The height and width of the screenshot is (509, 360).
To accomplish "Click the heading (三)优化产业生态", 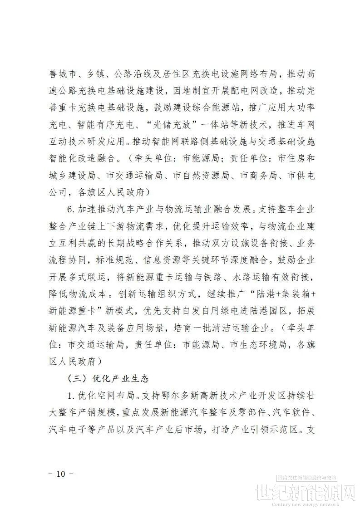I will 108,378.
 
